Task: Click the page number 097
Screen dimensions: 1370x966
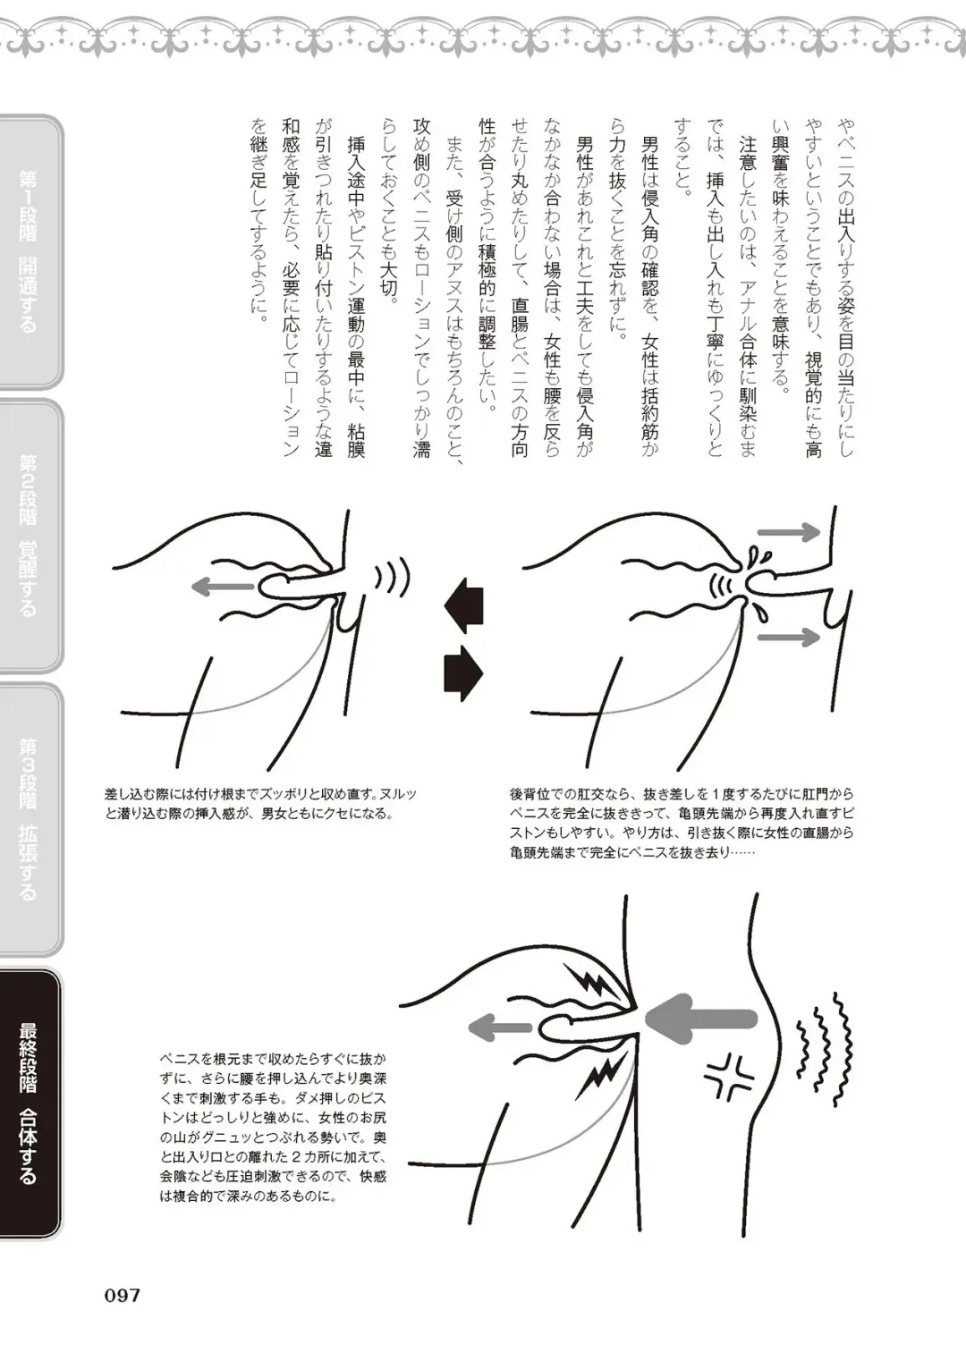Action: (x=123, y=1295)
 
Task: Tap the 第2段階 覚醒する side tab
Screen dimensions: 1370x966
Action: (x=30, y=535)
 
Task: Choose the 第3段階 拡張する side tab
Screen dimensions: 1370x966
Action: (x=30, y=818)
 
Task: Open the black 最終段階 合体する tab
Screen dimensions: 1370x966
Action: (x=30, y=1104)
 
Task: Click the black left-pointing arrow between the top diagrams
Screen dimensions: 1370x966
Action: (x=464, y=604)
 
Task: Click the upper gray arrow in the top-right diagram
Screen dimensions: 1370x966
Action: (x=788, y=532)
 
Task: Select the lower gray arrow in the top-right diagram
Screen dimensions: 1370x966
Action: (x=788, y=637)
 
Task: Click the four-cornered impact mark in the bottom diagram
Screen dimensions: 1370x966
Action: (x=730, y=1076)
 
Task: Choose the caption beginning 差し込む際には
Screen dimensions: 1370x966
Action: (x=260, y=804)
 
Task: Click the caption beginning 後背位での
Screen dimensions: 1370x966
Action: (x=682, y=823)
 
